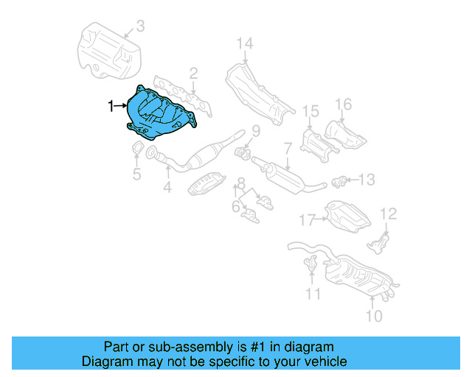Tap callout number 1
(112, 107)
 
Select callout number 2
(193, 73)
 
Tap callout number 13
(367, 178)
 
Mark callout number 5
(136, 174)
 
